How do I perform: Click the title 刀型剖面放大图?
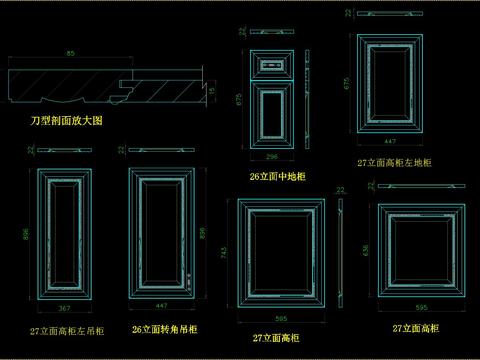click(x=66, y=120)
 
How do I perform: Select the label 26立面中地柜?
click(x=277, y=177)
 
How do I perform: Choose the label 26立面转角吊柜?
click(x=164, y=329)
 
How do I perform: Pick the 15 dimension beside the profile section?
click(x=212, y=91)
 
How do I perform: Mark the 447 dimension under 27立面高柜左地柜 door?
click(x=390, y=141)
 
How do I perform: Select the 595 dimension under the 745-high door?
click(x=281, y=319)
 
